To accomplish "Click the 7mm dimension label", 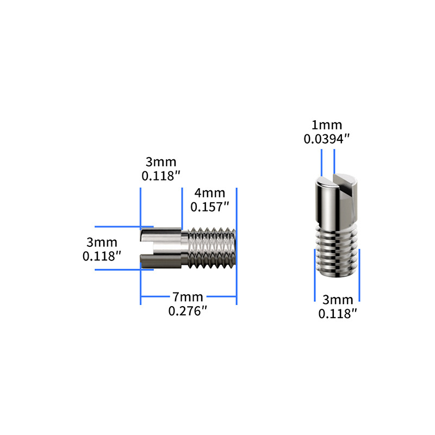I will point(188,297).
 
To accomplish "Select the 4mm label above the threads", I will point(209,193).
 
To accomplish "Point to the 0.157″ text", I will point(209,207).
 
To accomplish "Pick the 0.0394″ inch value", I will point(326,139).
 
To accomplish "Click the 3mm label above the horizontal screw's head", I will point(161,162).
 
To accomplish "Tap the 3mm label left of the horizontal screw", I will point(101,241).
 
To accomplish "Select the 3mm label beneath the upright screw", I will point(338,300).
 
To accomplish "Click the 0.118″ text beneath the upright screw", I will point(338,313).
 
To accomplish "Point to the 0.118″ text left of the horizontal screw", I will point(101,256).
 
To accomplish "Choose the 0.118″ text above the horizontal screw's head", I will point(161,176).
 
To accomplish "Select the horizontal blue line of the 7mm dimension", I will point(163,297).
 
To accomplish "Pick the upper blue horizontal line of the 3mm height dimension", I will point(117,226).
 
